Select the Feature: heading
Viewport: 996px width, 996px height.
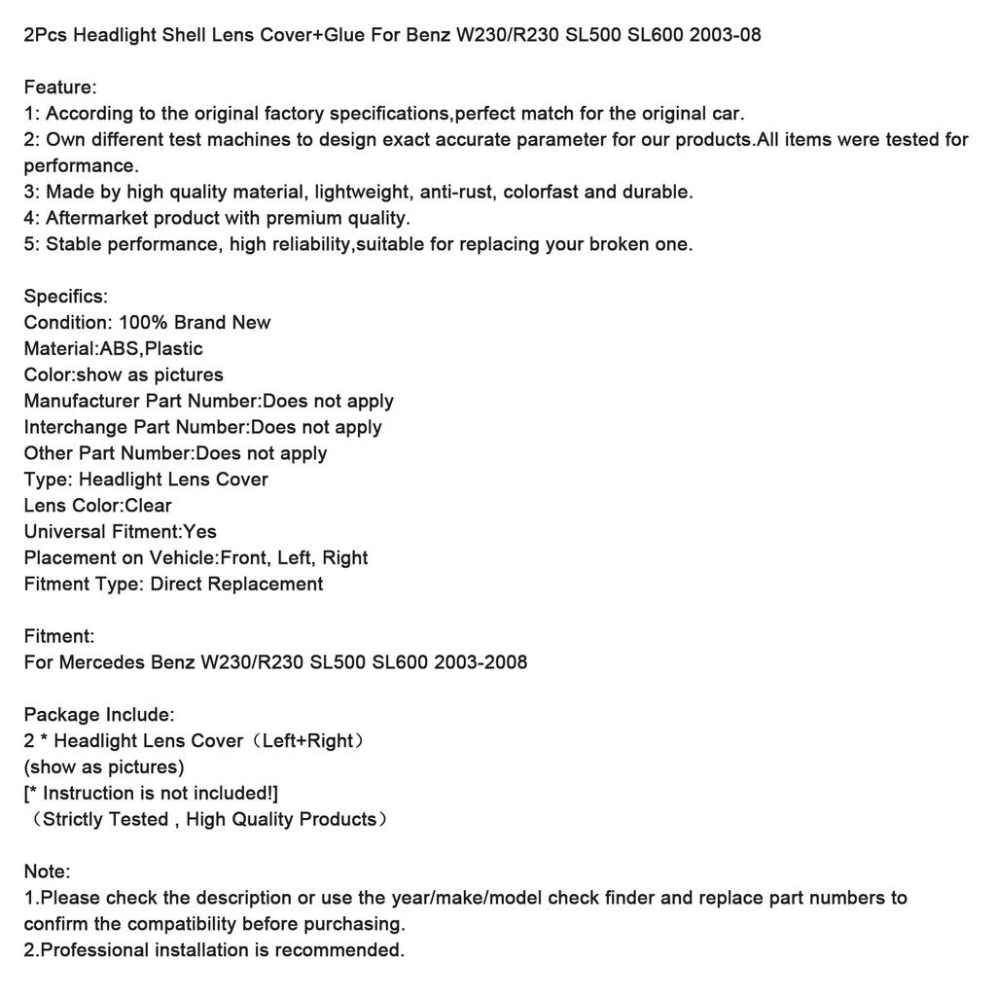click(60, 88)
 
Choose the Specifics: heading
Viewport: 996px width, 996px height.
click(66, 297)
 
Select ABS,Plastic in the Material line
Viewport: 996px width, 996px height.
click(152, 349)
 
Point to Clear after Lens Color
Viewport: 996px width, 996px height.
click(148, 506)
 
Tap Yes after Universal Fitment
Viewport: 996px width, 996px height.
click(200, 532)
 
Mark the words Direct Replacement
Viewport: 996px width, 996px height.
click(236, 585)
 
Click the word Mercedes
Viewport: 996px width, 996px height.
click(102, 663)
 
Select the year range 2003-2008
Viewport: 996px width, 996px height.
click(480, 663)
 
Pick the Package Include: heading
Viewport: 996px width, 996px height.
click(99, 715)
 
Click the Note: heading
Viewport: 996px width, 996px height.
click(48, 871)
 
